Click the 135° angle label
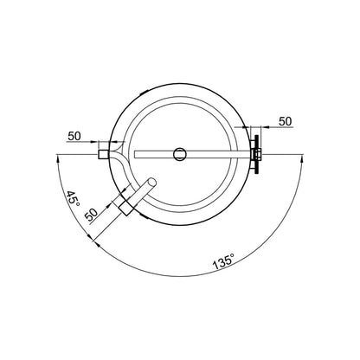[223, 261]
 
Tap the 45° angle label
[73, 198]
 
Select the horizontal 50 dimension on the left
[74, 136]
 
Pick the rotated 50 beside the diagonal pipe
[92, 215]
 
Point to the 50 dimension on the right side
[285, 121]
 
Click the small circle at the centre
[180, 154]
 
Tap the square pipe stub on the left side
[103, 154]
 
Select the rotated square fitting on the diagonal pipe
[125, 208]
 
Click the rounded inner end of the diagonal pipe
[151, 183]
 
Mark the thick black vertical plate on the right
[256, 154]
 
